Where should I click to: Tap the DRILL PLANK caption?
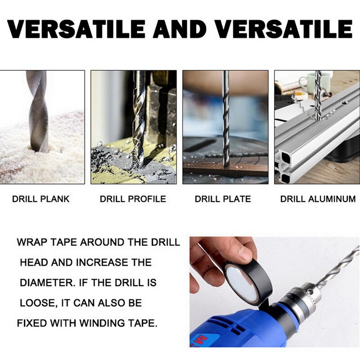pos(41,198)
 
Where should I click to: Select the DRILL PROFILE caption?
pos(133,198)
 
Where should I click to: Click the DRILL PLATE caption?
pos(223,198)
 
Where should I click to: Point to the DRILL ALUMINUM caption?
pos(318,198)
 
